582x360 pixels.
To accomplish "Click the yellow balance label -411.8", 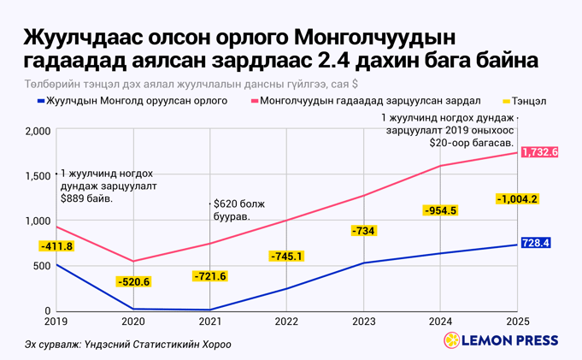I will coord(56,247).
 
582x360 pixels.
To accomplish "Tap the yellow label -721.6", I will coord(209,276).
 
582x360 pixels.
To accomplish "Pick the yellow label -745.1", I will coord(286,257).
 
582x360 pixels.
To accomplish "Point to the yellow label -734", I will coord(363,231).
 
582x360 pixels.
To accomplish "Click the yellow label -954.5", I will coord(440,210).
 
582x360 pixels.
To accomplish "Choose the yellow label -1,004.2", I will coord(516,199).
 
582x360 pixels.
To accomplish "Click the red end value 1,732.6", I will coord(539,152).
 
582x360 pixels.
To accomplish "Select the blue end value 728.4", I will coord(535,244).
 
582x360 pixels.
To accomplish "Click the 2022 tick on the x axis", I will coord(286,322).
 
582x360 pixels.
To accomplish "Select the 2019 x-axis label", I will coord(56,322).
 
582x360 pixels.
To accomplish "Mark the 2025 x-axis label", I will coord(517,322).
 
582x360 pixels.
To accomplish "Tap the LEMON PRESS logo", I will coord(501,340).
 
